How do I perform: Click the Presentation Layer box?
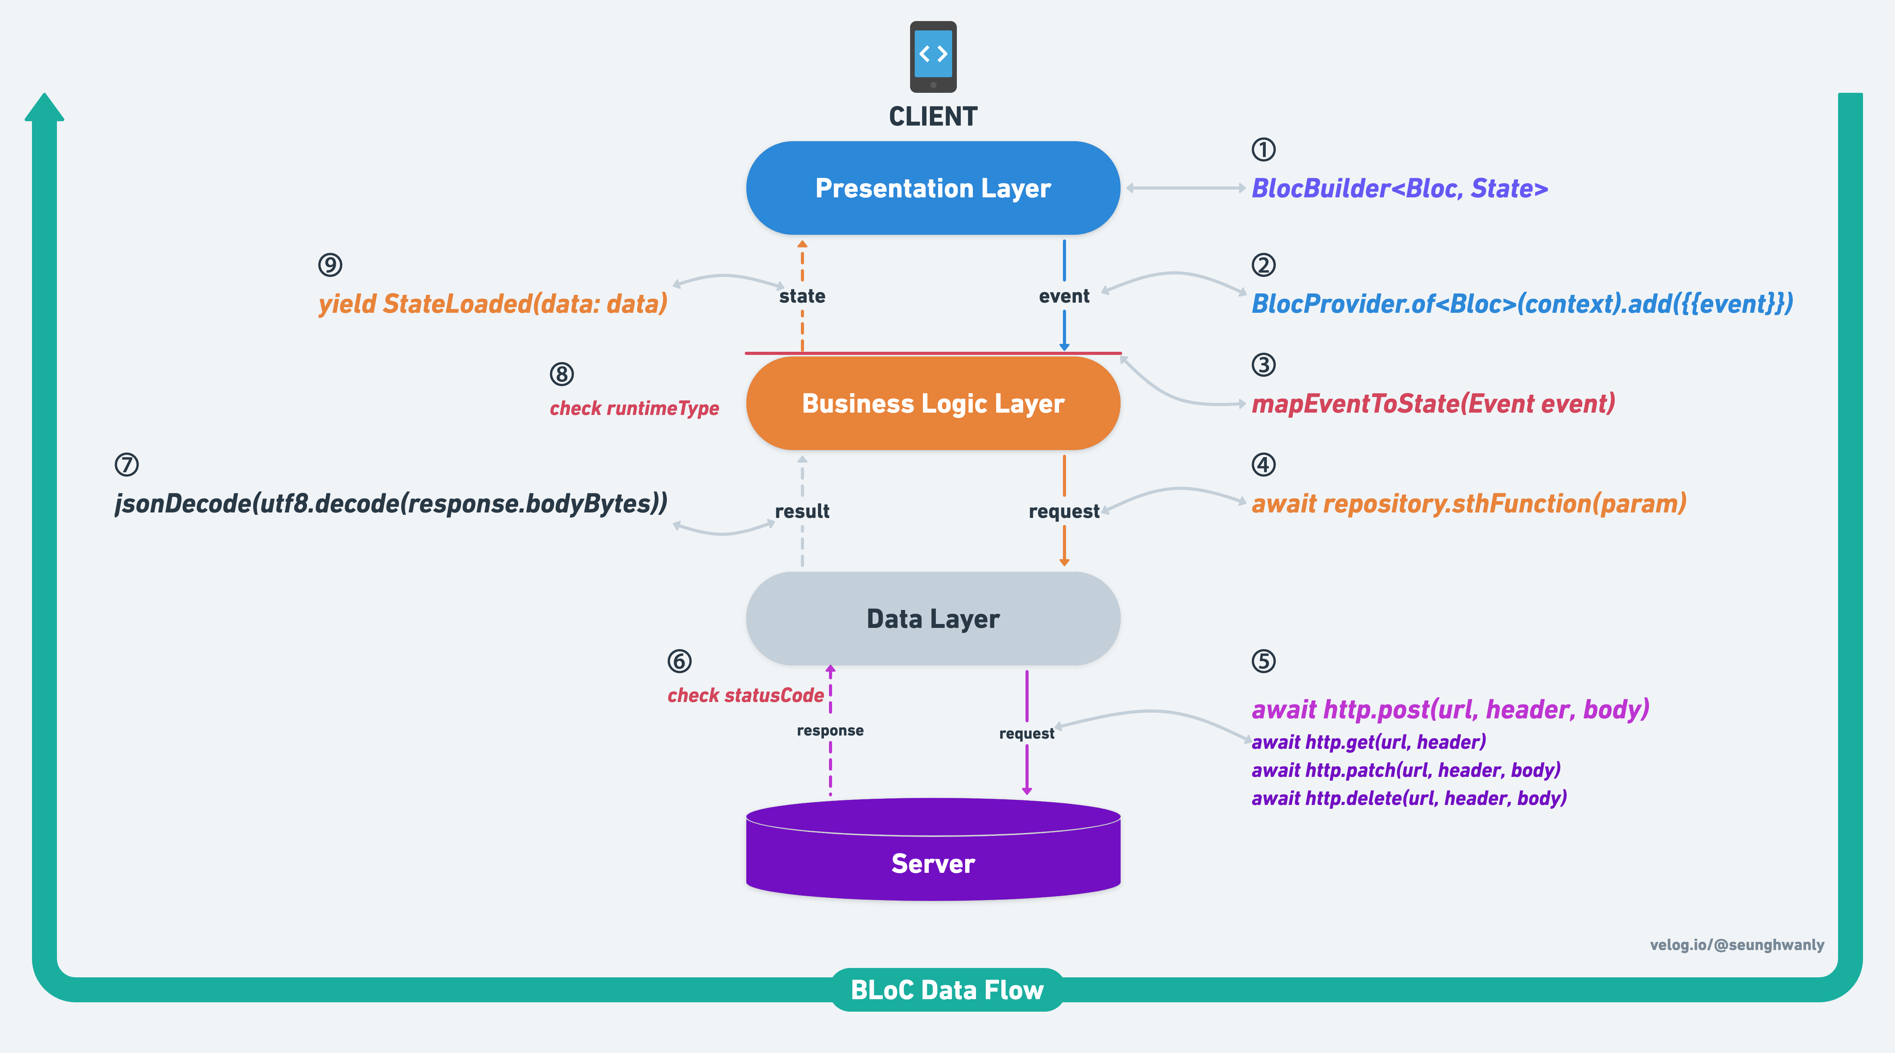pyautogui.click(x=933, y=188)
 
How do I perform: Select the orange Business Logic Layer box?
pyautogui.click(x=933, y=403)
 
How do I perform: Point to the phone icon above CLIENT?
pyautogui.click(x=933, y=57)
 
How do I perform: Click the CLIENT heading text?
pyautogui.click(x=933, y=116)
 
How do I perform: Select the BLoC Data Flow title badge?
pyautogui.click(x=947, y=990)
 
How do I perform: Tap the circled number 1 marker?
pyautogui.click(x=1263, y=149)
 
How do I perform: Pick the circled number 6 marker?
pyautogui.click(x=679, y=661)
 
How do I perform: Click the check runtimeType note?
pyautogui.click(x=634, y=408)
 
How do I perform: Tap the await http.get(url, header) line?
pyautogui.click(x=1368, y=742)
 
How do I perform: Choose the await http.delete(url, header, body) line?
pyautogui.click(x=1409, y=798)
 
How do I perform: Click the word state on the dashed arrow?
pyautogui.click(x=802, y=296)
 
